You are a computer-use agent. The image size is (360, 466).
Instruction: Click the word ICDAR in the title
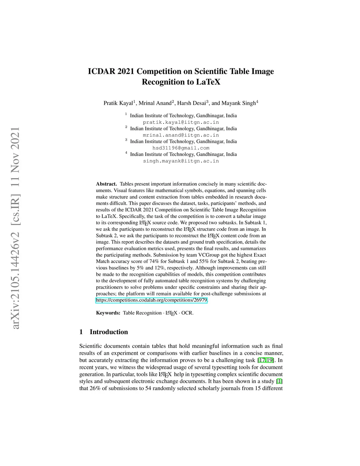101,71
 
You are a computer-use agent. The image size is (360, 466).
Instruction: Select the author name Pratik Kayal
118,103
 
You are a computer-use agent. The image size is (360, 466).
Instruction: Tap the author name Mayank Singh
238,103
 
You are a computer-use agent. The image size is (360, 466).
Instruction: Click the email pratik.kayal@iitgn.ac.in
181,122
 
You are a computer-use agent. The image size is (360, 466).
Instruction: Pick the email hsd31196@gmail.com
181,148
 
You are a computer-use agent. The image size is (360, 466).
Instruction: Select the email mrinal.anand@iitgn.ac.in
181,135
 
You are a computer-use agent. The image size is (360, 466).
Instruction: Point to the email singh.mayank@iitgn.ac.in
181,161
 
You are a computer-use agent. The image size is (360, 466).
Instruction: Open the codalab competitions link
152,300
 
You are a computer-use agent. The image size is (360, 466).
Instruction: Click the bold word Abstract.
106,184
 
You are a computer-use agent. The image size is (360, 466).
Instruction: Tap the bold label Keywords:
108,313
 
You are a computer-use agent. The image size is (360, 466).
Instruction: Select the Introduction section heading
109,332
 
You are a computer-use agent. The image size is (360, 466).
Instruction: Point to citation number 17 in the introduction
262,360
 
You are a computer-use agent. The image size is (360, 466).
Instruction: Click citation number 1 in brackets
279,381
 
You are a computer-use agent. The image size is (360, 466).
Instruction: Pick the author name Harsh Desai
191,103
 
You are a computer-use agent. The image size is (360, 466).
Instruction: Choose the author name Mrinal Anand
155,103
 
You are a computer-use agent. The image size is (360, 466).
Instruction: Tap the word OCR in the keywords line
187,313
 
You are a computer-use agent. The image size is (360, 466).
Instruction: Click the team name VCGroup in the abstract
209,255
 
